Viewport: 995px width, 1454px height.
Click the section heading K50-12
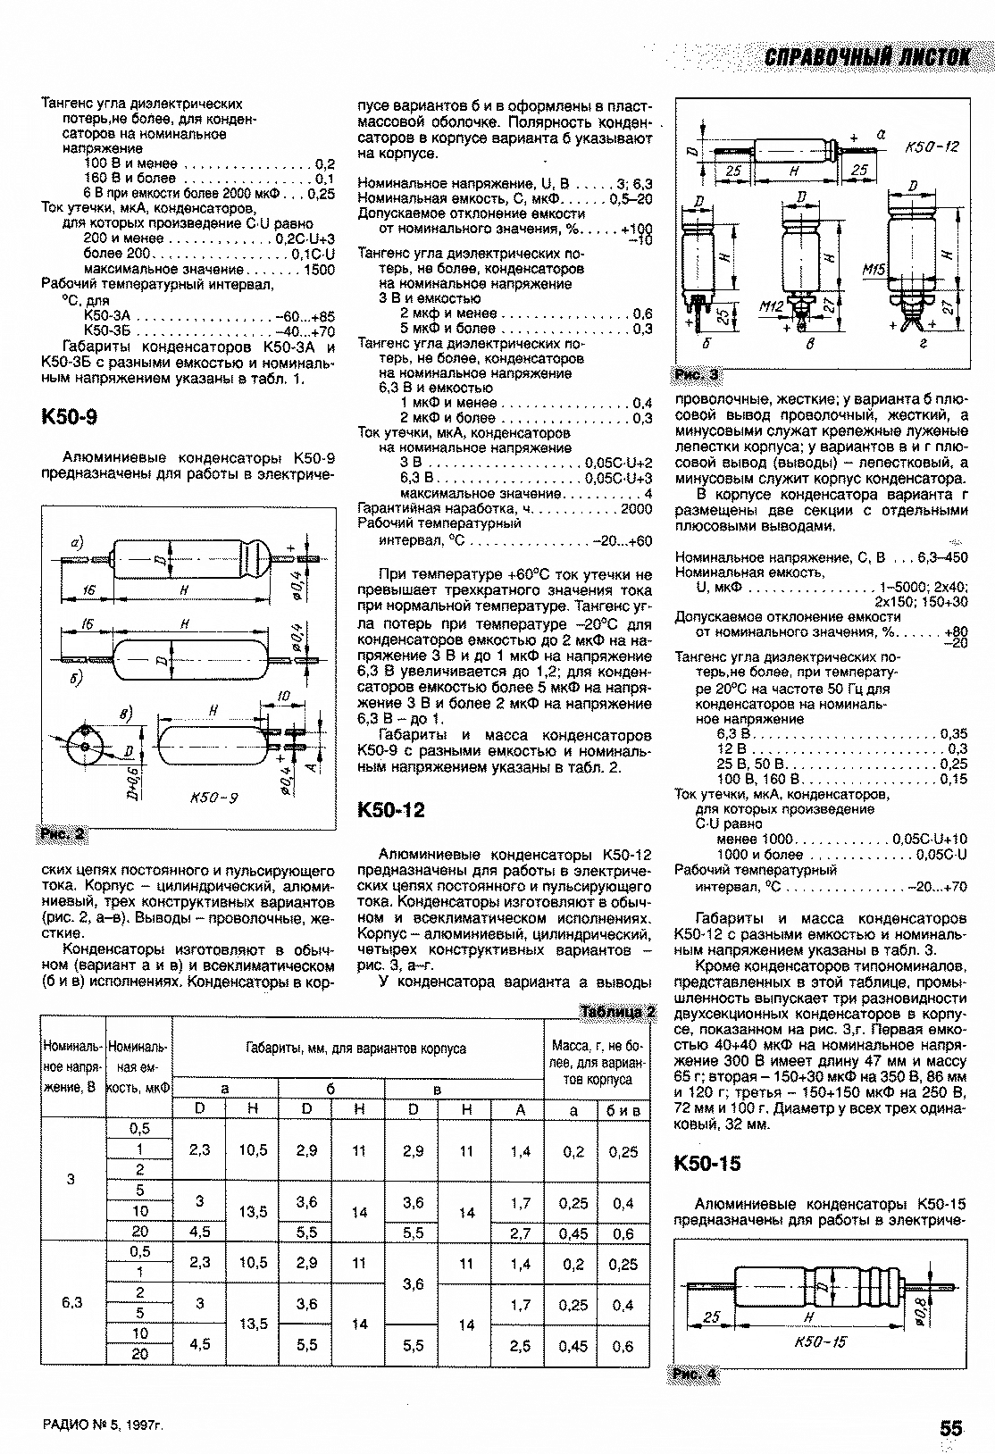pyautogui.click(x=390, y=810)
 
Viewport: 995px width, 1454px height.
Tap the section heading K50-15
pyautogui.click(x=708, y=1164)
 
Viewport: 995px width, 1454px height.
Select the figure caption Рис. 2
pyautogui.click(x=63, y=834)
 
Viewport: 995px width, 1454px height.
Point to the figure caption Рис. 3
pyautogui.click(x=697, y=374)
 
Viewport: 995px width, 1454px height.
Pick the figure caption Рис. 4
pyautogui.click(x=696, y=1374)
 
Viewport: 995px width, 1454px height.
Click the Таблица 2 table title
pyautogui.click(x=618, y=1012)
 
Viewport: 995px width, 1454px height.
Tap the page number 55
pyautogui.click(x=950, y=1427)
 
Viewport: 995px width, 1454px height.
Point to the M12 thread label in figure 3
pyautogui.click(x=772, y=306)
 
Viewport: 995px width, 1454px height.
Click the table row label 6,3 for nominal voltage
pyautogui.click(x=72, y=1302)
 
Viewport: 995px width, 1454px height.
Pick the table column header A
pyautogui.click(x=520, y=1108)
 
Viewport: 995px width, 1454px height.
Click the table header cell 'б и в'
pyautogui.click(x=623, y=1109)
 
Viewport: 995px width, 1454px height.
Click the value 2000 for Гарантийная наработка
pyautogui.click(x=636, y=508)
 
